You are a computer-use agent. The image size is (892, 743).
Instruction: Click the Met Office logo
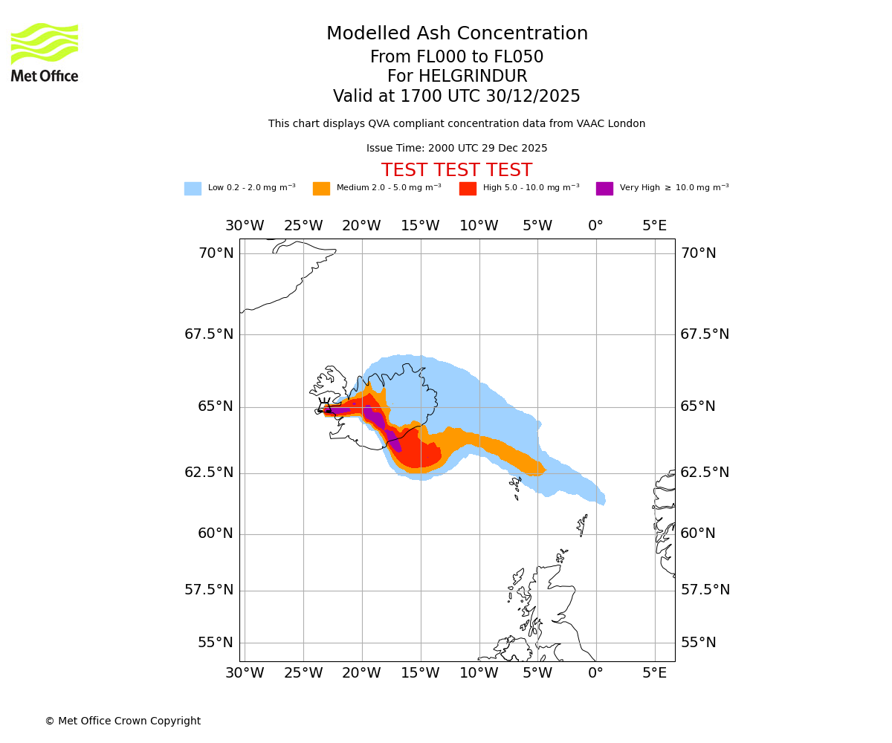[45, 53]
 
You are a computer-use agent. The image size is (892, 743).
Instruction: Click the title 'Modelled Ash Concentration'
[457, 34]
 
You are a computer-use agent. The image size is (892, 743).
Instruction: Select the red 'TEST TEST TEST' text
[457, 171]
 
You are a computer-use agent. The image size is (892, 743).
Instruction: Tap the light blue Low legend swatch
[193, 189]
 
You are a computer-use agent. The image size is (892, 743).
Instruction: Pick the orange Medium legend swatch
[321, 189]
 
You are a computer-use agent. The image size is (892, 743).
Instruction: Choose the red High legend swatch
[468, 189]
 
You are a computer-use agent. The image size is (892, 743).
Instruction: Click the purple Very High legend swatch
[604, 189]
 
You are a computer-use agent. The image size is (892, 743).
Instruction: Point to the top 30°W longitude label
[245, 226]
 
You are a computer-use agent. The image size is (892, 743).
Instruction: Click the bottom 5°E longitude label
[654, 673]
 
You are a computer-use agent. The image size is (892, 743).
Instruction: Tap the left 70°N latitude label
[216, 253]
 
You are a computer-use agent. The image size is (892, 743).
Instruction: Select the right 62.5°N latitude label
[705, 473]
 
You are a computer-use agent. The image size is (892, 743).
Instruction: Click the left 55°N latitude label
[216, 643]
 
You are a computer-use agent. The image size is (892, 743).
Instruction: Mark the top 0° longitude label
[595, 226]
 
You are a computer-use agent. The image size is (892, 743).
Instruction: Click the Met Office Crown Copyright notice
[123, 721]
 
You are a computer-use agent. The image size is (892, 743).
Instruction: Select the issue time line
[457, 149]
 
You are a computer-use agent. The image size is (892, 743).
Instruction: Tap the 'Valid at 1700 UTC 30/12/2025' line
[457, 97]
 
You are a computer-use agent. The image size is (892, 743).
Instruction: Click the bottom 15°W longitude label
[420, 673]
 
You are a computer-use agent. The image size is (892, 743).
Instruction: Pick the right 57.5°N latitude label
[705, 590]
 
